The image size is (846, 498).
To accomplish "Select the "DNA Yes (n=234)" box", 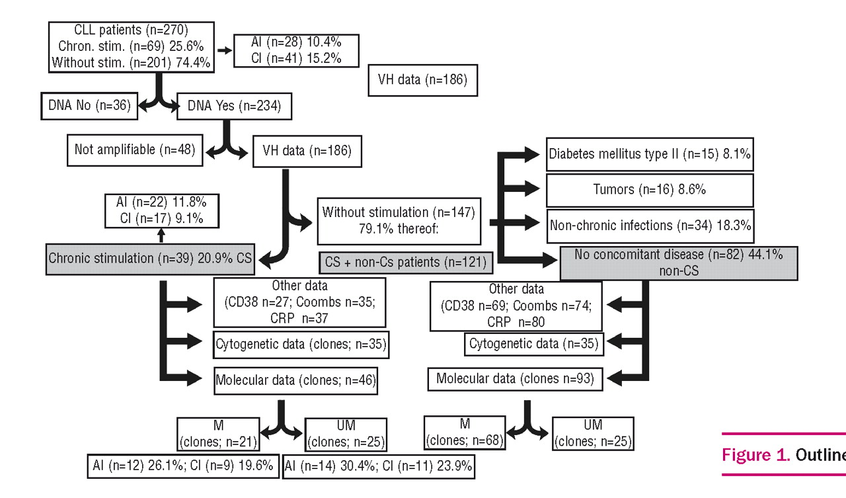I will click(233, 106).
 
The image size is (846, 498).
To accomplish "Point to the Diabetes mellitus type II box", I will click(650, 155).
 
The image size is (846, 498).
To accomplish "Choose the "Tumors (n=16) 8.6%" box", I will click(650, 190).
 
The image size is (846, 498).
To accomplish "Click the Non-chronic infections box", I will click(650, 225).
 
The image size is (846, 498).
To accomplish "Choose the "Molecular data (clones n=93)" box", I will click(516, 380).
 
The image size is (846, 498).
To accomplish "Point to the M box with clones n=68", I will click(465, 432).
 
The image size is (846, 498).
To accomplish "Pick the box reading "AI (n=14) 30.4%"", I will click(378, 466).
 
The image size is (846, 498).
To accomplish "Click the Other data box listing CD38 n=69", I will click(516, 306).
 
